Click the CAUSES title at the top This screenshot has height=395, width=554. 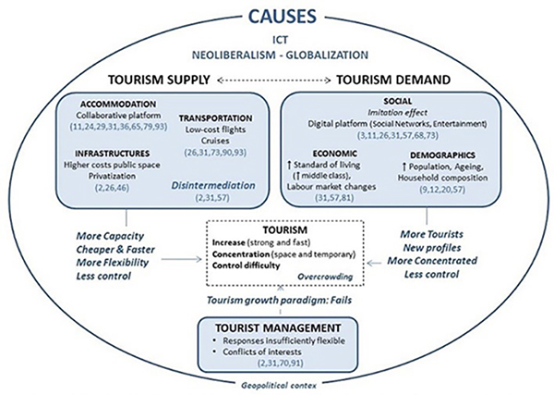pyautogui.click(x=276, y=16)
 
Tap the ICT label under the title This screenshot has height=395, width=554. pyautogui.click(x=276, y=40)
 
